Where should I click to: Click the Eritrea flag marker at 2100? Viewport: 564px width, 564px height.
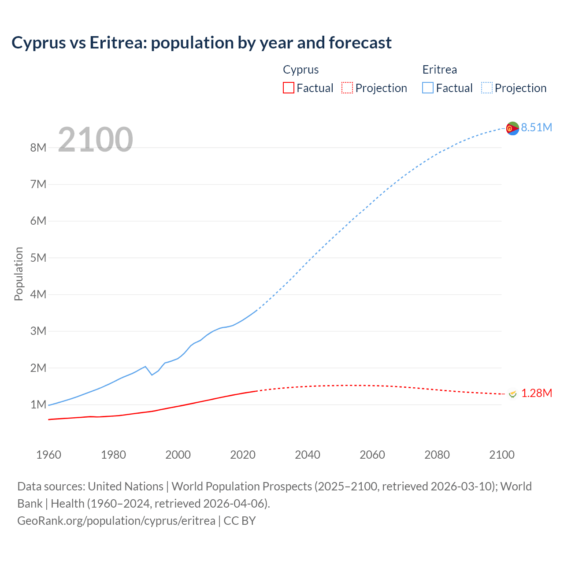pos(512,128)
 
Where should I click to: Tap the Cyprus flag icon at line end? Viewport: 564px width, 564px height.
pos(512,394)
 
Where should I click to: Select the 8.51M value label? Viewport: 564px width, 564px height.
pos(536,127)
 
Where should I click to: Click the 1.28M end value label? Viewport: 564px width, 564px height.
pos(536,393)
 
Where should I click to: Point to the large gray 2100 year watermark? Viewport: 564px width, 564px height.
pos(95,139)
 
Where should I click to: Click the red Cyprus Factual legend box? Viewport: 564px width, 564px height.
pos(288,88)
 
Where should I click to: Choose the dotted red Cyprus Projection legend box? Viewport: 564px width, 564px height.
pos(347,88)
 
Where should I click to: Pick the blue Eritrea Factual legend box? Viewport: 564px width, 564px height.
pos(427,88)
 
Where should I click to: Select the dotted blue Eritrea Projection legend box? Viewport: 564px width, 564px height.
pos(486,88)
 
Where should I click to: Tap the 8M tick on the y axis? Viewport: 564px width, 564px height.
pos(38,148)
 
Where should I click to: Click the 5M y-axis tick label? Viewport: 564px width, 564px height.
pos(38,258)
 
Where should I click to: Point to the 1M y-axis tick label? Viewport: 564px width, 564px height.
pos(38,404)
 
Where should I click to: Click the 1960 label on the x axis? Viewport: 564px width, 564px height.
pos(48,455)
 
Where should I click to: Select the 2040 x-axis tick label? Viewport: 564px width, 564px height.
pos(308,455)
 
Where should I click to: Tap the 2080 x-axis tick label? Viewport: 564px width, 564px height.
pos(437,455)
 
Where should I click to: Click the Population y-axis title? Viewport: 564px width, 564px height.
pos(19,274)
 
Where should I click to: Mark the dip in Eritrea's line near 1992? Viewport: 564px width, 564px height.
pos(152,375)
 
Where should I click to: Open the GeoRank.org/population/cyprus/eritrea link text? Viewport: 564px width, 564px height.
pos(116,520)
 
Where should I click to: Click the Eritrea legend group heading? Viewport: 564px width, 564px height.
pos(439,70)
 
